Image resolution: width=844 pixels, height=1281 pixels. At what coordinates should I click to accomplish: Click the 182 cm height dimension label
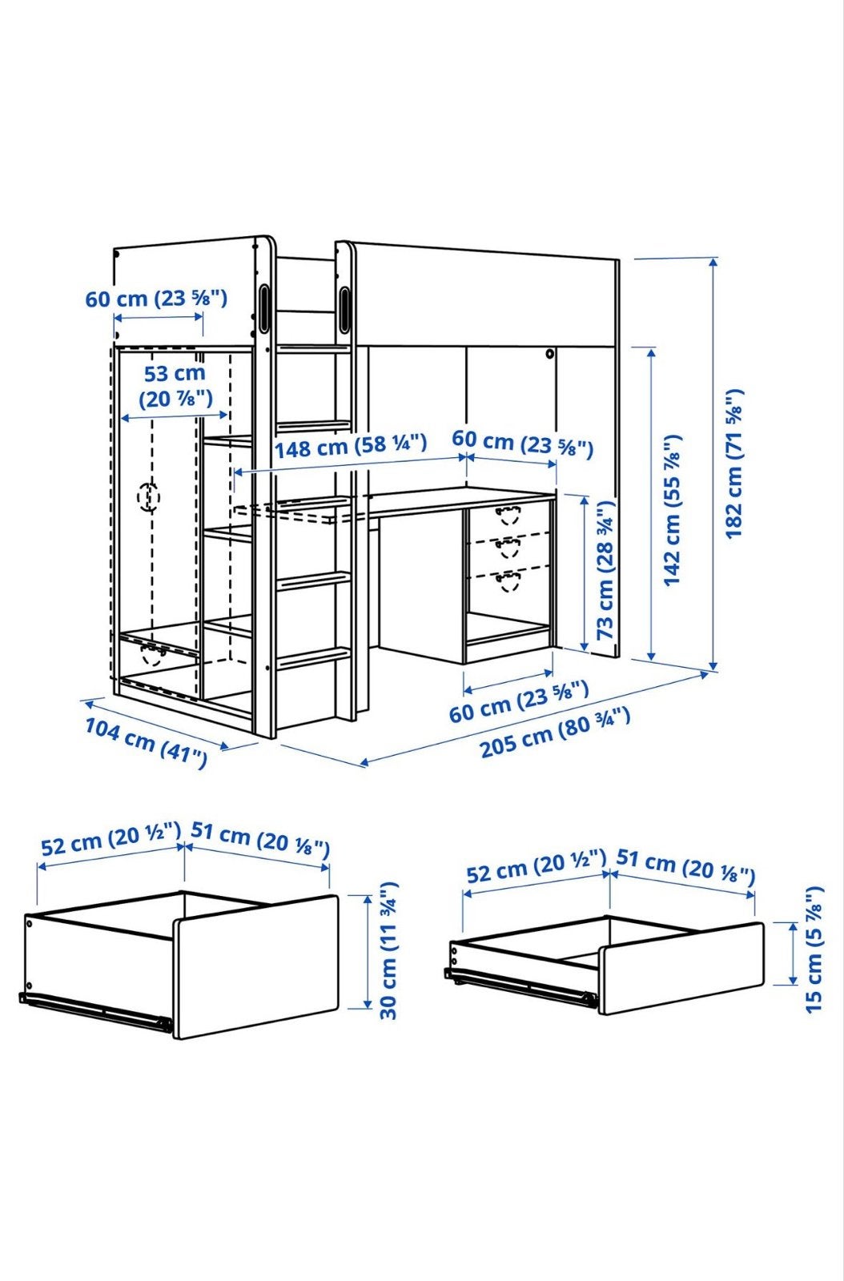point(734,464)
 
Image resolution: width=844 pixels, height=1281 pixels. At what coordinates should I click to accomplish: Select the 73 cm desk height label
point(605,570)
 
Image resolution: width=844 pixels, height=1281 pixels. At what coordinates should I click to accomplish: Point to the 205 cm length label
point(555,732)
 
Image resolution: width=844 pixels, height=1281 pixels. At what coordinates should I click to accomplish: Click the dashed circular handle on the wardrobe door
point(149,496)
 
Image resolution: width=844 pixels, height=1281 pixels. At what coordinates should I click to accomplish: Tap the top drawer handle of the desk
point(507,513)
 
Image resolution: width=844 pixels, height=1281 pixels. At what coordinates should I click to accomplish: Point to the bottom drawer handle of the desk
point(508,581)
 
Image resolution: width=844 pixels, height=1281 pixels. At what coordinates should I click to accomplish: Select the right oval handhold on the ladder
point(345,310)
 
